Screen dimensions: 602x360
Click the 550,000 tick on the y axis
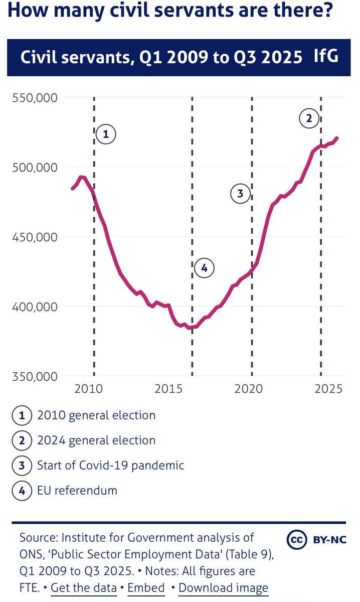[x=33, y=97]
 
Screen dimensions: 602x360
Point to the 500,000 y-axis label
[x=33, y=167]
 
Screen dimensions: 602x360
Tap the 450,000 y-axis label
[x=33, y=237]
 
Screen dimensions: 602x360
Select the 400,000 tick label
[x=33, y=307]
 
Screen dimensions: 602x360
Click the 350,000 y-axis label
[x=33, y=376]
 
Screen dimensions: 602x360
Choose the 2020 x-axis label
[x=250, y=389]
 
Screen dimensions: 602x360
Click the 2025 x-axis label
[x=328, y=389]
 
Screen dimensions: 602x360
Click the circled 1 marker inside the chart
[x=106, y=134]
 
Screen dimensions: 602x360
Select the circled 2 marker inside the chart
[x=309, y=119]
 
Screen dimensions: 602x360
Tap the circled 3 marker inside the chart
[x=240, y=194]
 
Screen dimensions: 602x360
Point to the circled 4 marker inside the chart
[x=204, y=268]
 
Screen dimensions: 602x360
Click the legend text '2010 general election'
[x=96, y=415]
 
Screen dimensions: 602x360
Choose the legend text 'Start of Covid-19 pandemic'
[x=110, y=465]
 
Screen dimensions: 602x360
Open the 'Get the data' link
[x=84, y=587]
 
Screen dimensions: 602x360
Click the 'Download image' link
[x=223, y=587]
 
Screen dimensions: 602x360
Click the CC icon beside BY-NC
[x=297, y=540]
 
